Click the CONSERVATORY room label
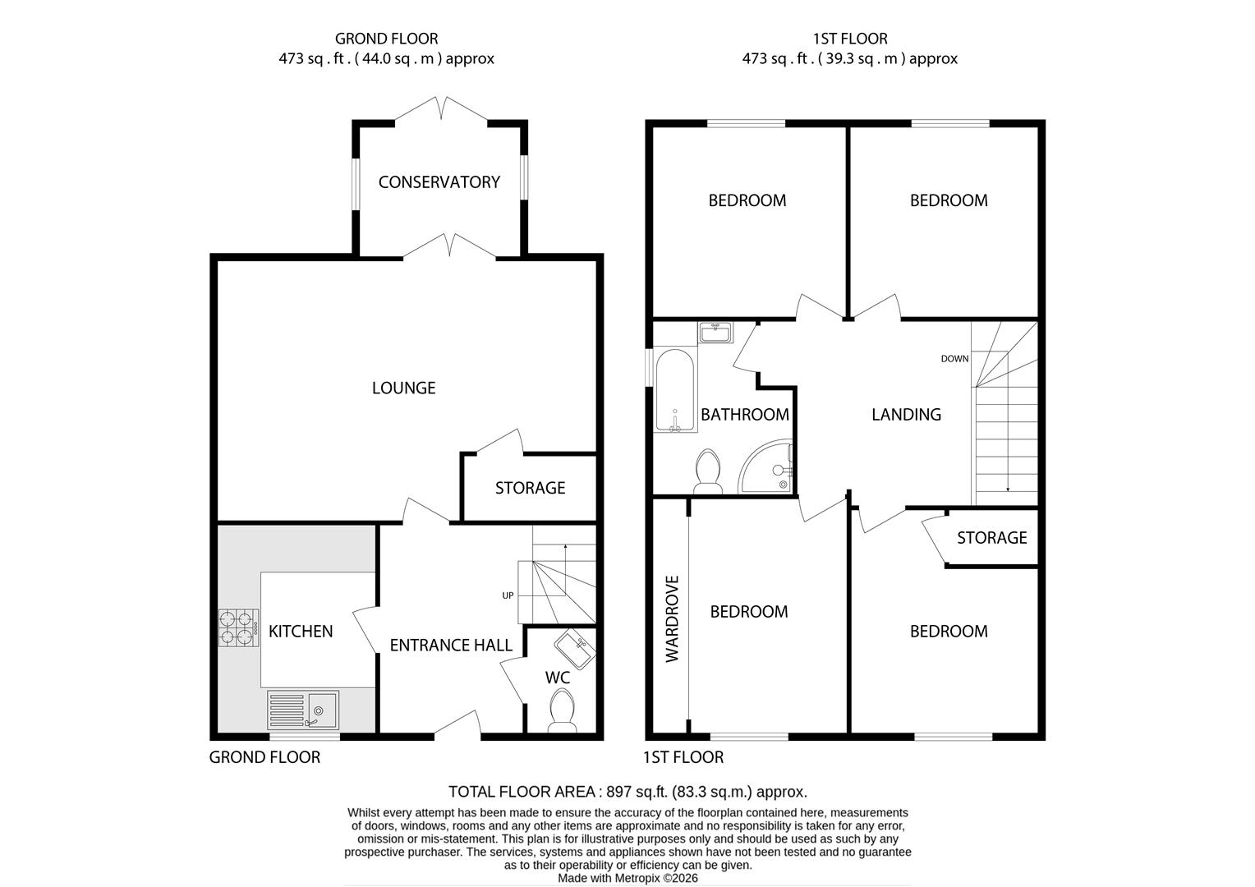[x=439, y=182]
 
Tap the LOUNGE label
[x=403, y=388]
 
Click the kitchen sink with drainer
[x=303, y=710]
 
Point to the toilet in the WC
[x=562, y=710]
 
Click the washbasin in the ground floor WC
[x=574, y=649]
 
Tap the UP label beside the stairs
[x=508, y=595]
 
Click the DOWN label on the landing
[x=954, y=359]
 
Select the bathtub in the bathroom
[x=675, y=391]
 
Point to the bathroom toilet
[x=707, y=472]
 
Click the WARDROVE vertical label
[x=673, y=618]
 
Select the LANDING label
[x=906, y=415]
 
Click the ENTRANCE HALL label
[x=451, y=646]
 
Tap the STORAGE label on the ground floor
[x=530, y=488]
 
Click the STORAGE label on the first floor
[x=991, y=538]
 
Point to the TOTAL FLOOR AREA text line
[x=627, y=792]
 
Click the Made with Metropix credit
[x=627, y=878]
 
